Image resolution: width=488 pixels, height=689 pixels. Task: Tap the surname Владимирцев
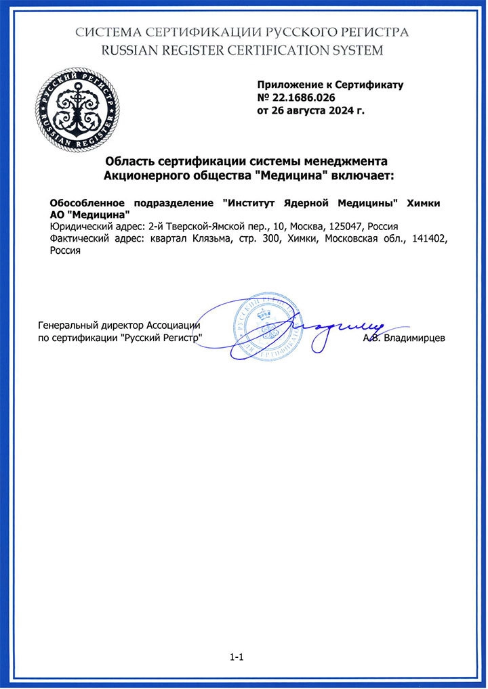tap(413, 337)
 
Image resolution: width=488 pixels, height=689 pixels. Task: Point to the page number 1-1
tap(237, 657)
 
